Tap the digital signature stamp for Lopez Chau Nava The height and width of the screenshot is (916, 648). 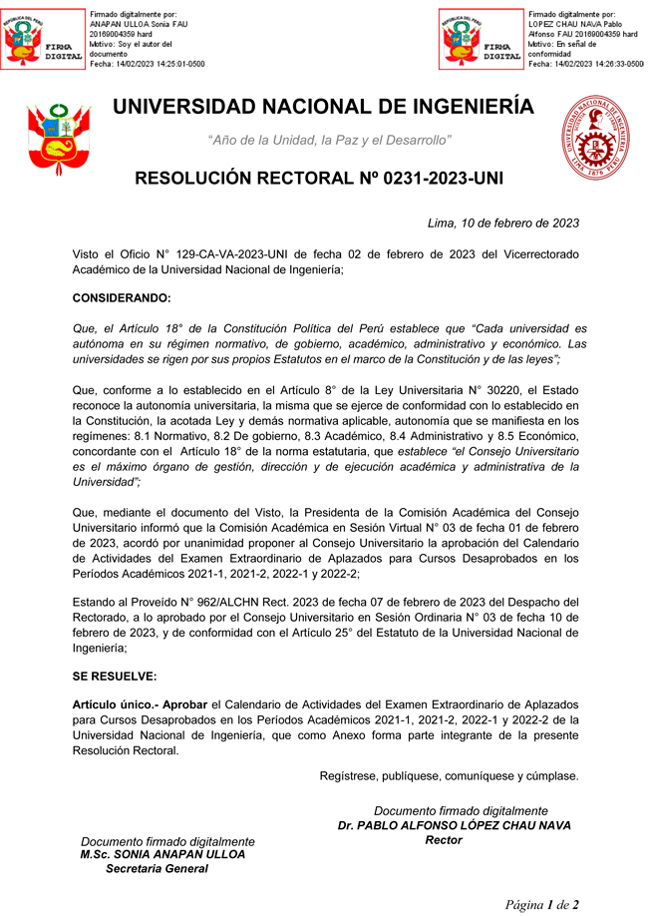tap(482, 39)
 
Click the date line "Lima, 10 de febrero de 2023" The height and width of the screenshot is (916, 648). tap(502, 224)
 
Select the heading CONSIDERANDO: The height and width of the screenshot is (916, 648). tap(122, 297)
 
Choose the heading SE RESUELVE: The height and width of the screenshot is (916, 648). tap(115, 676)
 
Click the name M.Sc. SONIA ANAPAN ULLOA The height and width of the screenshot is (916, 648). tap(162, 854)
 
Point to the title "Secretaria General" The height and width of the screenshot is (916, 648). tap(157, 869)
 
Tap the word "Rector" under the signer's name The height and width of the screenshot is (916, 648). tap(444, 840)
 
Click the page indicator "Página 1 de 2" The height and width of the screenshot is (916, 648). tap(541, 905)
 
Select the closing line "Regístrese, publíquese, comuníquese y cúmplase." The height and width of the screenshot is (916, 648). tap(449, 775)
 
